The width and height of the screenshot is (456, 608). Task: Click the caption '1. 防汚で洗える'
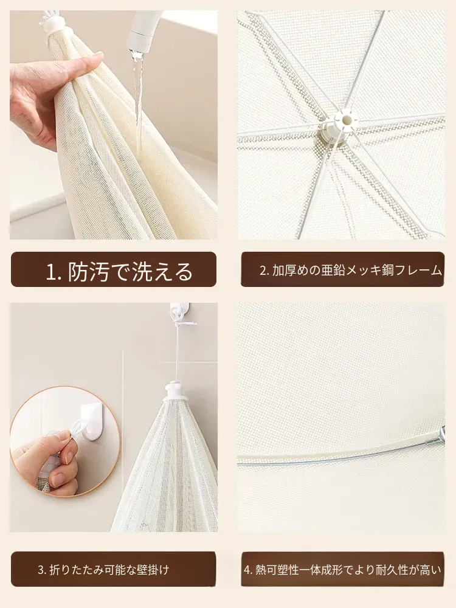coord(119,271)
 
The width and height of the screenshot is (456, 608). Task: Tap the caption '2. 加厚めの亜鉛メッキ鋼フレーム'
coord(351,271)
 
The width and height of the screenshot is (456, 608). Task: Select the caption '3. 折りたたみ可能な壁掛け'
coord(103,570)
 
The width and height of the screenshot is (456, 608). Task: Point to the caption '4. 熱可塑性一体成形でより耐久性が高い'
coord(342,570)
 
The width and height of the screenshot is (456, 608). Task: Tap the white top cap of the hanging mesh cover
coord(175,392)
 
